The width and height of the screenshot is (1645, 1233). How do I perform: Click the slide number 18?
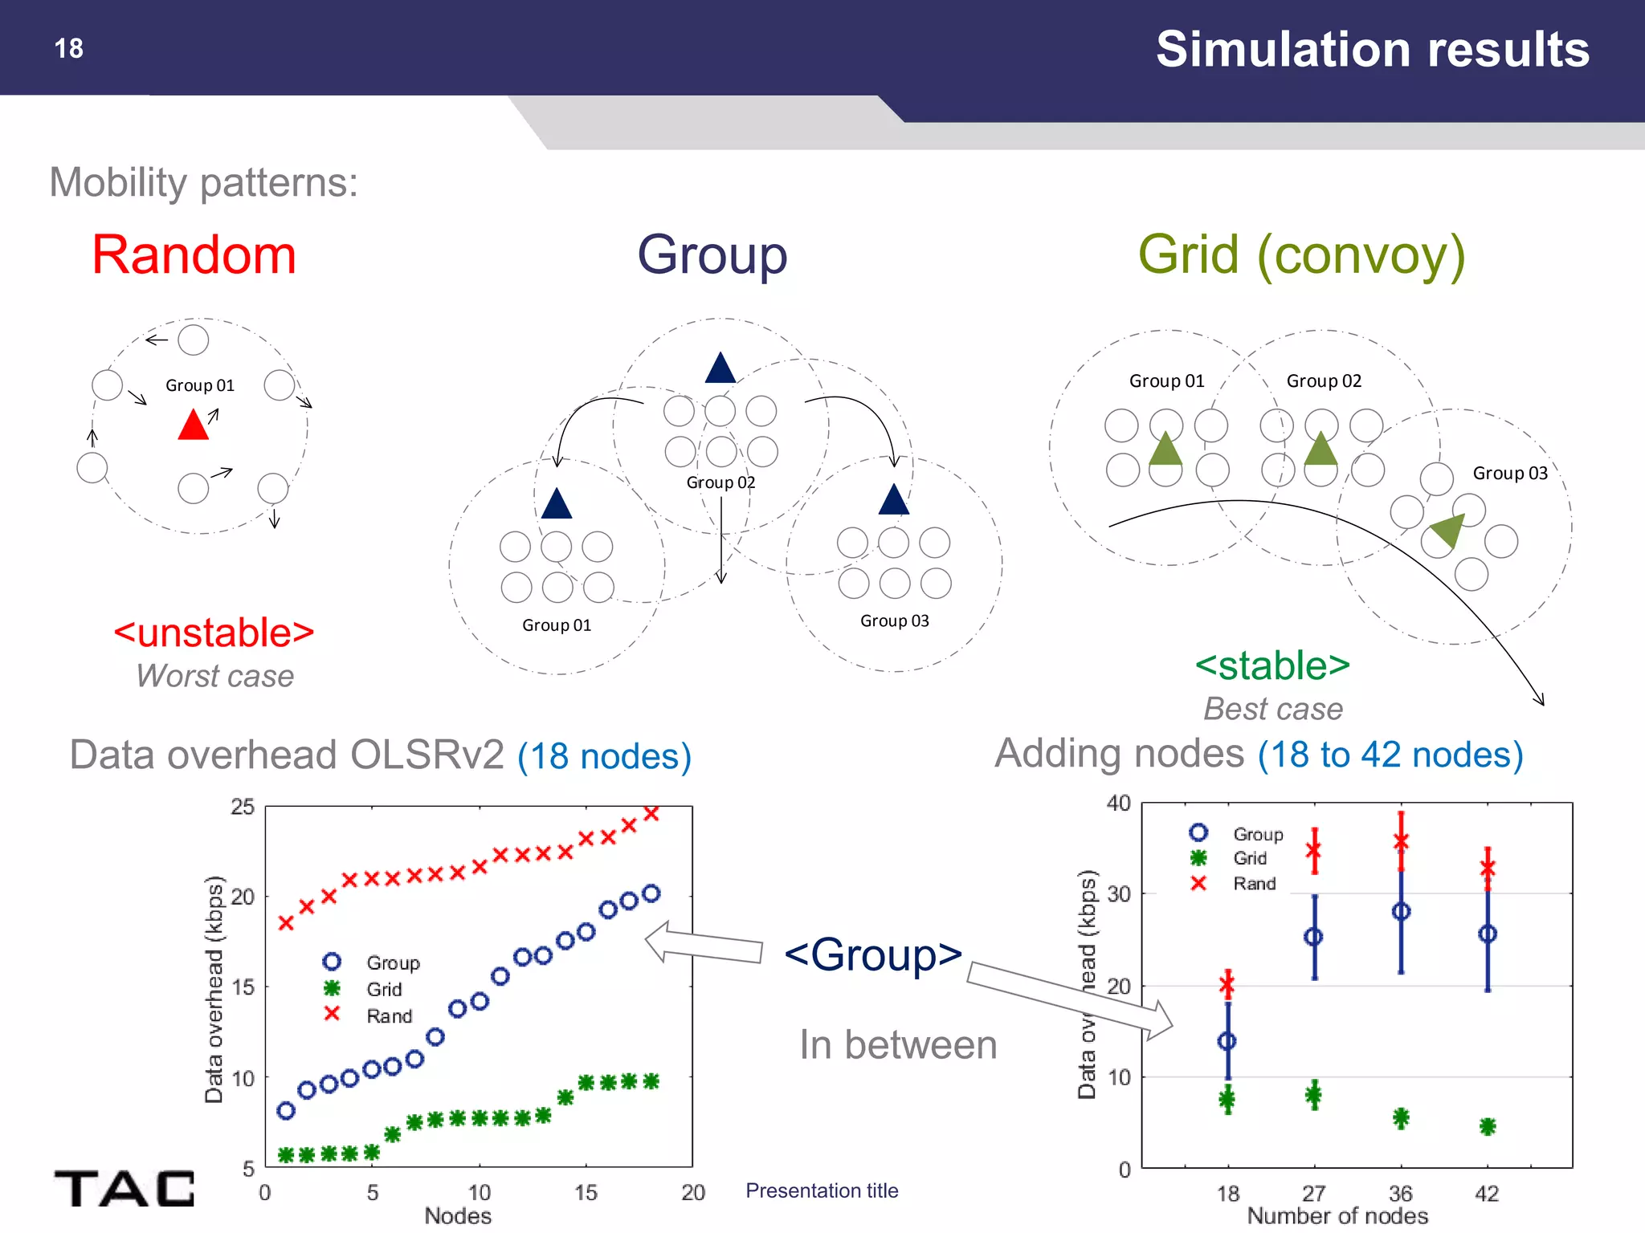(x=69, y=49)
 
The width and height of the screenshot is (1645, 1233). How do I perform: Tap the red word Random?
(x=194, y=255)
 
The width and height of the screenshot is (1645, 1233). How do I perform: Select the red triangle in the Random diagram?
(x=193, y=425)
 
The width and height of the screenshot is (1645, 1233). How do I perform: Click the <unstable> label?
(x=214, y=633)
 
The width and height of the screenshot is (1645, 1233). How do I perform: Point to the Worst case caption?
(x=214, y=676)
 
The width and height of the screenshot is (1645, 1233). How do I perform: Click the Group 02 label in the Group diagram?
(x=720, y=482)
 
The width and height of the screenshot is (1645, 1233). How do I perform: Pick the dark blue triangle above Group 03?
(x=893, y=500)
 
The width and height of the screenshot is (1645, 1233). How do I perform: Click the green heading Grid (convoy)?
(x=1301, y=255)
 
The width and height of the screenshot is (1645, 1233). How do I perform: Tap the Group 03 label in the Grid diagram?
(x=1509, y=474)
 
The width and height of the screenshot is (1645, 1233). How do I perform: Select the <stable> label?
(x=1272, y=665)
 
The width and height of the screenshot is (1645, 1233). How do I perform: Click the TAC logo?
(x=124, y=1188)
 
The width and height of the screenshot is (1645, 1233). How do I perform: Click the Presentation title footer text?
(x=821, y=1190)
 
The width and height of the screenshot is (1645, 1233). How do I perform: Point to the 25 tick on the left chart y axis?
(x=243, y=807)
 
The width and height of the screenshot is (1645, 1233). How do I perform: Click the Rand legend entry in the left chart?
(x=389, y=1016)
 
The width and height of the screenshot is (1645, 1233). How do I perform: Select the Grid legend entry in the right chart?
(x=1249, y=858)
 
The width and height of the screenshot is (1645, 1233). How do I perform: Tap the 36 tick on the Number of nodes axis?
(x=1400, y=1193)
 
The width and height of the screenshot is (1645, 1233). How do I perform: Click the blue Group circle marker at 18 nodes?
(x=1227, y=1041)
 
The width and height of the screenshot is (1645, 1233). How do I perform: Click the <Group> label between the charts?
(x=873, y=954)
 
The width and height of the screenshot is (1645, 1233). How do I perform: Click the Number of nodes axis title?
(x=1337, y=1216)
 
